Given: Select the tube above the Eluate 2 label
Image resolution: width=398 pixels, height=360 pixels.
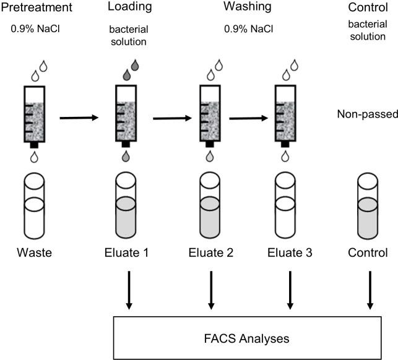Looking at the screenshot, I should click(x=211, y=208).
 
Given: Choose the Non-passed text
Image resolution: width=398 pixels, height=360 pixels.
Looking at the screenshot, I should click(x=366, y=114).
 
